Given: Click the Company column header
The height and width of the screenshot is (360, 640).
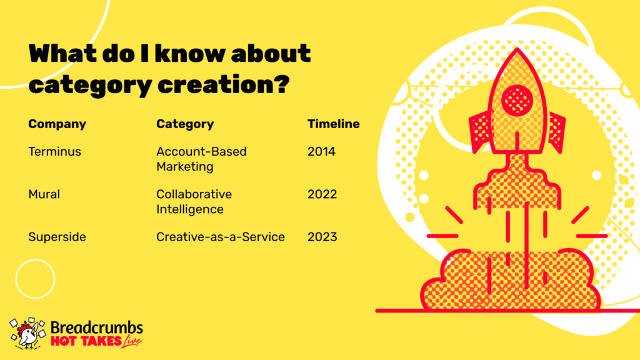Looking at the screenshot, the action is [57, 124].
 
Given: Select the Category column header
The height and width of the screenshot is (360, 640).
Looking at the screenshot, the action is [185, 124].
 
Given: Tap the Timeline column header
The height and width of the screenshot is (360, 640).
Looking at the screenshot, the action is [334, 124].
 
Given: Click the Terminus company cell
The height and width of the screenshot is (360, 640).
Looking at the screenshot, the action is [55, 151].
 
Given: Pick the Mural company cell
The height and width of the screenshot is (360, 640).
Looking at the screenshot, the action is [44, 194].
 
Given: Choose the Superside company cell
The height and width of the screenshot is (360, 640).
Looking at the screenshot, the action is [57, 237].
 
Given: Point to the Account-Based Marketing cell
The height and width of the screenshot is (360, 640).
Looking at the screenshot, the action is [201, 159].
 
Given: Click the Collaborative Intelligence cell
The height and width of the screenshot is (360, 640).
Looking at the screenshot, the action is [194, 202].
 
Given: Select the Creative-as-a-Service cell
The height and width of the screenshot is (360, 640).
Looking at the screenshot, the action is [221, 237].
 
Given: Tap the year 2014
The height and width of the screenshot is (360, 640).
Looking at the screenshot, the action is [321, 151].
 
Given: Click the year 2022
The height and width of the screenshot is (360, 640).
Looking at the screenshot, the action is [322, 194].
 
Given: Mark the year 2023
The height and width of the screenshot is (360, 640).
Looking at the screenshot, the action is [322, 237].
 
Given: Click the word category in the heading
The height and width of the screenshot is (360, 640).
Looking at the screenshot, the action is [90, 86].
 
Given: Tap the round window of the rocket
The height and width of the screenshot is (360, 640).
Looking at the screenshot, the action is [517, 100].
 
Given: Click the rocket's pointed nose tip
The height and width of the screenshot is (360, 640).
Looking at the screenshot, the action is [517, 48].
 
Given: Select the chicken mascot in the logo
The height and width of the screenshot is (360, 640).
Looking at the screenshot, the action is [27, 334].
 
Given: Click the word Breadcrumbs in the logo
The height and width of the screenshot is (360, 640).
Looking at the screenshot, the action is [97, 327].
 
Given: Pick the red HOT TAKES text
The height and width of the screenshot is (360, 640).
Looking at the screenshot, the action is [86, 341].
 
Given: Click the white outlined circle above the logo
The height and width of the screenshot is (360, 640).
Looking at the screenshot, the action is [35, 259].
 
